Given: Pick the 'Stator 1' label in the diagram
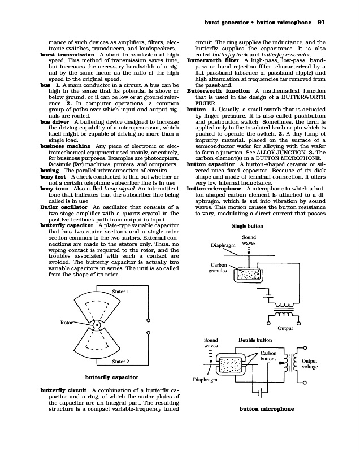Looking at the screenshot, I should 122,292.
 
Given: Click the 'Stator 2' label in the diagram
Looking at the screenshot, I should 122,361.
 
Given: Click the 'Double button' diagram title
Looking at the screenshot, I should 255,340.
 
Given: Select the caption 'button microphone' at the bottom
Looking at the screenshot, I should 267,408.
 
